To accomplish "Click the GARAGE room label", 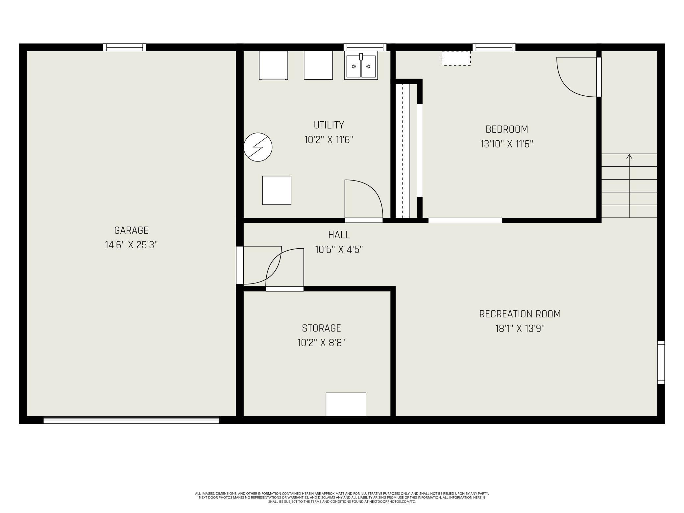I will coord(131,230).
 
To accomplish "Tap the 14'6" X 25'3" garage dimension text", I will coord(131,245).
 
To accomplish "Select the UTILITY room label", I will coord(329,125).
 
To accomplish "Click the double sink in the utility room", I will coord(361,66).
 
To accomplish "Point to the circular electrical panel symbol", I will coord(258,147).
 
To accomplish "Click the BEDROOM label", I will coord(506,129).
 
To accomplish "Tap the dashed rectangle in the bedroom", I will coord(456,58).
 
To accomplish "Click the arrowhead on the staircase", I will coord(629,157).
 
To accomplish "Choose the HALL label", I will coord(339,235).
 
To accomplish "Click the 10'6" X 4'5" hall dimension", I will coord(339,250).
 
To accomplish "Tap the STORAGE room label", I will coord(321,328).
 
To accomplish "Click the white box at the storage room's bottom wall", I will coord(346,404).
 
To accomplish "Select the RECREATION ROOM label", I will coord(520,314).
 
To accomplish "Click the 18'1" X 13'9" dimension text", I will coord(520,329).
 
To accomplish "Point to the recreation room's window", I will coord(661,362).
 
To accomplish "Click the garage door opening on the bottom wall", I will coord(131,420).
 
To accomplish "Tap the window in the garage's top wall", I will coord(125,47).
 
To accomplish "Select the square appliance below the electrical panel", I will coord(277,190).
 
